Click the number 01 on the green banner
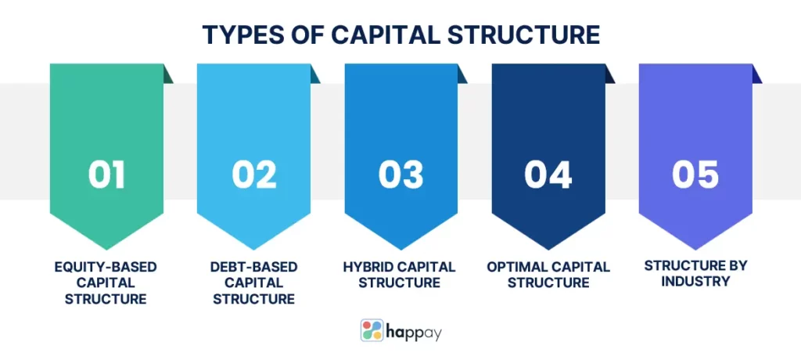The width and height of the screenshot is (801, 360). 106,175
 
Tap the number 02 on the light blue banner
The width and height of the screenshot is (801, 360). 254,175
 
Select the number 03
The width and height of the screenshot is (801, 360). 401,175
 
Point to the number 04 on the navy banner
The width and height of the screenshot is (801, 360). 548,175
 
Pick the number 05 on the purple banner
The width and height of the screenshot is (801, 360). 695,175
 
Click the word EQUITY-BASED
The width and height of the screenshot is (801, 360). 106,267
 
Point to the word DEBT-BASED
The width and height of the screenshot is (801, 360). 254,267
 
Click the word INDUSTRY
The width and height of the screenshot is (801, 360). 695,281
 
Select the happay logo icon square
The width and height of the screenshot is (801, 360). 372,330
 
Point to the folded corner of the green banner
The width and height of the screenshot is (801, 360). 167,74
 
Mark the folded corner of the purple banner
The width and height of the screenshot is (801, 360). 756,74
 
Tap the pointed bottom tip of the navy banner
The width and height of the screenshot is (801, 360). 548,250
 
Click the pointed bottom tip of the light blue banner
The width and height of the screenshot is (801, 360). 254,250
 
